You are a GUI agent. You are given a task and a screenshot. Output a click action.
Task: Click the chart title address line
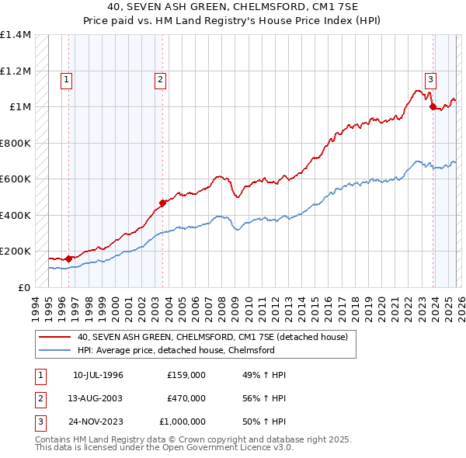233,7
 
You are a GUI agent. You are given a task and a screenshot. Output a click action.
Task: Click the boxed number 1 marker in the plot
66,78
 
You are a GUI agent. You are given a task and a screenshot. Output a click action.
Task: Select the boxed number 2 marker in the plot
160,78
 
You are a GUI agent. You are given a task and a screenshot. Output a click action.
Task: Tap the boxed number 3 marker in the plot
430,78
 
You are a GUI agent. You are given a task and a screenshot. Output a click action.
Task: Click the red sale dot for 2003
163,203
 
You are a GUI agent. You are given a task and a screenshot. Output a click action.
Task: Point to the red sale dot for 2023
433,107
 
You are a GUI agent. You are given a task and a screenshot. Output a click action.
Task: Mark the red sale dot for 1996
69,258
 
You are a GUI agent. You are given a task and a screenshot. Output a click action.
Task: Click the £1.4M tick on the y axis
16,35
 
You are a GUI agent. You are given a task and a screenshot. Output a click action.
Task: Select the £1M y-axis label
19,107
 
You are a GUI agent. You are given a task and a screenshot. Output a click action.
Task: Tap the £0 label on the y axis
23,287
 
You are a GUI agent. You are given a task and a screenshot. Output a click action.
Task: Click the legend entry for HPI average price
176,350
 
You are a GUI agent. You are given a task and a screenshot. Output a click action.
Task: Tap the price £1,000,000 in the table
186,422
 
